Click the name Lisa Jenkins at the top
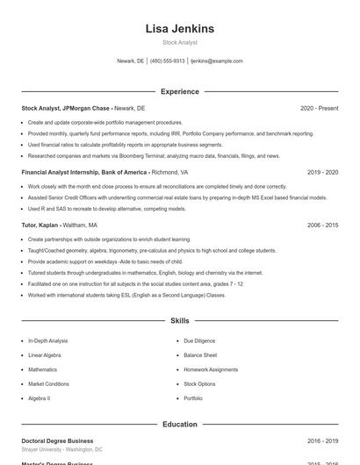point(179,29)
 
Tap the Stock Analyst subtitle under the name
point(179,42)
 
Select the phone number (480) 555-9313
point(168,61)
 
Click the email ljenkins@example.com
point(216,61)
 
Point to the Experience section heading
point(179,91)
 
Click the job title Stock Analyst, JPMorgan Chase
point(66,108)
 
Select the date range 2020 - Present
point(319,108)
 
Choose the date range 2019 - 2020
point(322,172)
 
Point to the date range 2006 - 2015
point(322,225)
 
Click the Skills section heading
point(179,322)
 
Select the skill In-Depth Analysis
point(47,340)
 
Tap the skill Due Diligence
point(199,340)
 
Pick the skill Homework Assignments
point(211,369)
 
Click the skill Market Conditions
point(48,383)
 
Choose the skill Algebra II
point(39,398)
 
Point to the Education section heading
point(179,425)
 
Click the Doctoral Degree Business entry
point(57,440)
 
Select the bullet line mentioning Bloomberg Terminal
point(154,156)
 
